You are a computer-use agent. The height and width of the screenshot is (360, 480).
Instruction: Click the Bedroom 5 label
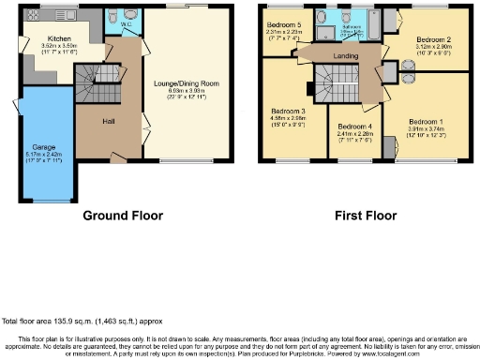(x=283, y=24)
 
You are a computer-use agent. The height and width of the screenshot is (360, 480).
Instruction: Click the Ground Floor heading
(x=123, y=216)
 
